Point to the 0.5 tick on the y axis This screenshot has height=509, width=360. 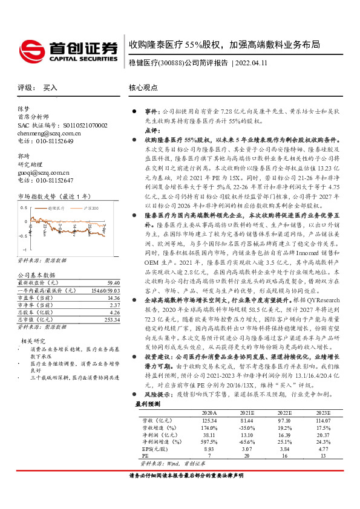click(24, 207)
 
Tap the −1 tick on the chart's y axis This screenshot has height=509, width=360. click(24, 249)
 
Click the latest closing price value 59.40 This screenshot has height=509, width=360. click(111, 282)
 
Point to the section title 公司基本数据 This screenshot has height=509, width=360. click(34, 275)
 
